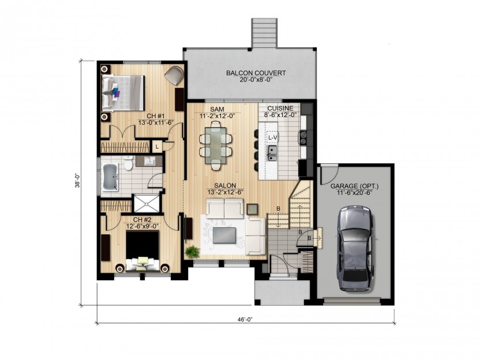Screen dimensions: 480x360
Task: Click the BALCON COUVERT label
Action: coord(256,73)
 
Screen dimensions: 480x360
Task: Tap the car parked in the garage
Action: coord(356,248)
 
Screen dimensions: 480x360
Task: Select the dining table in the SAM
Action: coord(216,144)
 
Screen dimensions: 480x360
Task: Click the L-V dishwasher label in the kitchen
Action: coord(272,138)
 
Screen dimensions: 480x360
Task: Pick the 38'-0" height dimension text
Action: coord(77,181)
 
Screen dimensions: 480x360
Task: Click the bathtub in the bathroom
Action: coord(110,177)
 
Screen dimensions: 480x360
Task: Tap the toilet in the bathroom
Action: coord(128,163)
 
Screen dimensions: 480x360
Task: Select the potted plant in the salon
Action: coord(193,252)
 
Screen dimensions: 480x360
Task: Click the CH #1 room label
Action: coord(156,116)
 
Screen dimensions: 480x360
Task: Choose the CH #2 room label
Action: coord(142,220)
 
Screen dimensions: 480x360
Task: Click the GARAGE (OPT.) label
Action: coord(354,186)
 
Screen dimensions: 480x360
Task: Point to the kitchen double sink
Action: coord(272,153)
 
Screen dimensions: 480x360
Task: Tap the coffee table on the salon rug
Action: coord(224,235)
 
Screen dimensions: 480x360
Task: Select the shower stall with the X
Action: coord(147,203)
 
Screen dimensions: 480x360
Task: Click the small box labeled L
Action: coord(157,147)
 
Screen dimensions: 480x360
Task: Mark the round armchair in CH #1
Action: coord(174,76)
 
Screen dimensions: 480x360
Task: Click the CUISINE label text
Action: coord(280,108)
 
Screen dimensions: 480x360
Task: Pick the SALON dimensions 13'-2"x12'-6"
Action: coord(225,192)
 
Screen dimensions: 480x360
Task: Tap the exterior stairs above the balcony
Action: coord(265,33)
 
